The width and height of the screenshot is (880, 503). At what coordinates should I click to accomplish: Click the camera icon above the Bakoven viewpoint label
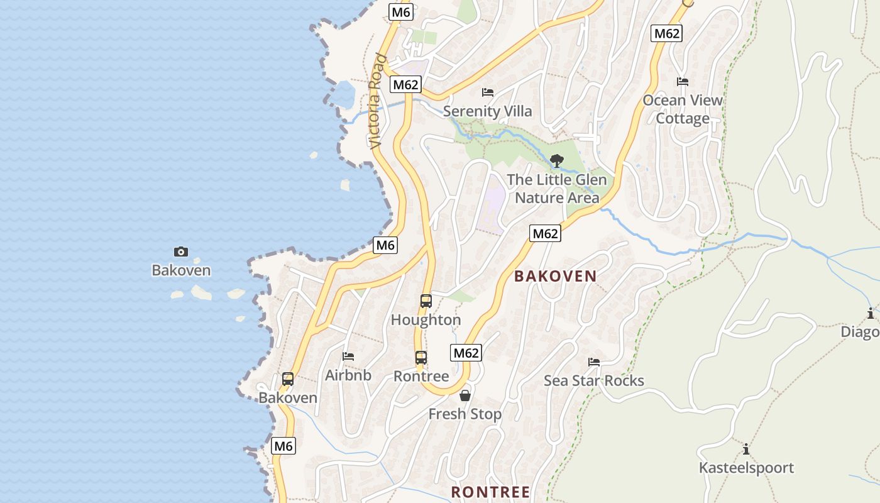click(x=181, y=252)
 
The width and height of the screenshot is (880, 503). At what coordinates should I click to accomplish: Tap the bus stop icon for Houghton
click(x=426, y=301)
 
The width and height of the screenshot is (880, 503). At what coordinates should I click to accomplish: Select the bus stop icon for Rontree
click(x=421, y=358)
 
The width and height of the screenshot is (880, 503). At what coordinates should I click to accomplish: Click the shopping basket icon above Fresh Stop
click(x=465, y=395)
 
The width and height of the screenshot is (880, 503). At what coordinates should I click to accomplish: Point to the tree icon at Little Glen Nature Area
click(x=556, y=161)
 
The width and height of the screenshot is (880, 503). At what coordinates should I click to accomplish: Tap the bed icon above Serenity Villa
click(x=488, y=92)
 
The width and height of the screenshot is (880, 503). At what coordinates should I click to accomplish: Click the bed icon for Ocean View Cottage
click(x=683, y=82)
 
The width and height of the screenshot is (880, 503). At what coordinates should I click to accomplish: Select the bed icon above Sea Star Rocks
click(x=594, y=362)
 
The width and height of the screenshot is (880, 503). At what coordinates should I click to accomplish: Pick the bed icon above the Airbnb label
click(x=348, y=357)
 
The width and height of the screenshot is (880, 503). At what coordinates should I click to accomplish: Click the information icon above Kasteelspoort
click(x=746, y=449)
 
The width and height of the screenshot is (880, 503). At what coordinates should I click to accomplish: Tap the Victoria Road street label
click(x=378, y=101)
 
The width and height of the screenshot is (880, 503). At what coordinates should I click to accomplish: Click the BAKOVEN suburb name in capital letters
click(x=556, y=276)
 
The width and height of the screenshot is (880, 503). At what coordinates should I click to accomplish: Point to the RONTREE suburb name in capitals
click(x=491, y=492)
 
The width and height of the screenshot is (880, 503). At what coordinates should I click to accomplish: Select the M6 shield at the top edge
click(x=400, y=12)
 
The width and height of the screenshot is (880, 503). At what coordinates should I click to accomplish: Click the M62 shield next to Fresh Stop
click(x=466, y=353)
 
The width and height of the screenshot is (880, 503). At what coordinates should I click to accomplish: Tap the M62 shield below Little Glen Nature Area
click(x=545, y=233)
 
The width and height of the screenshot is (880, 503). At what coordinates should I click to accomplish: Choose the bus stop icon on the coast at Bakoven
click(x=288, y=379)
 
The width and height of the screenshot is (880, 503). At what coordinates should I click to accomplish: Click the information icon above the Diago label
click(x=871, y=313)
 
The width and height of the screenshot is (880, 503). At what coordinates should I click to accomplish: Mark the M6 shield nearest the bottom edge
click(x=283, y=446)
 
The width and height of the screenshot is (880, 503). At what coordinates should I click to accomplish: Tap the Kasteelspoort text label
click(x=746, y=468)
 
